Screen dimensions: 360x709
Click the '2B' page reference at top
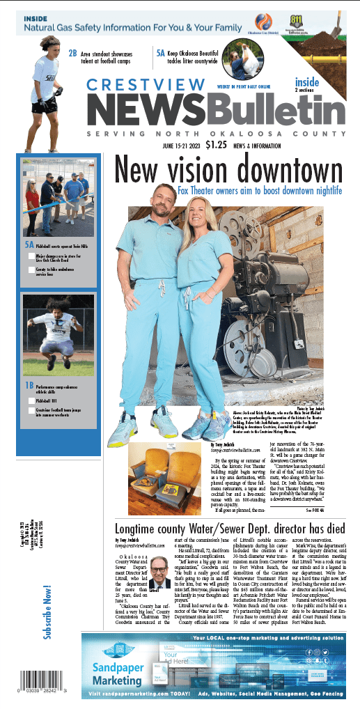[x=72, y=53]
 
